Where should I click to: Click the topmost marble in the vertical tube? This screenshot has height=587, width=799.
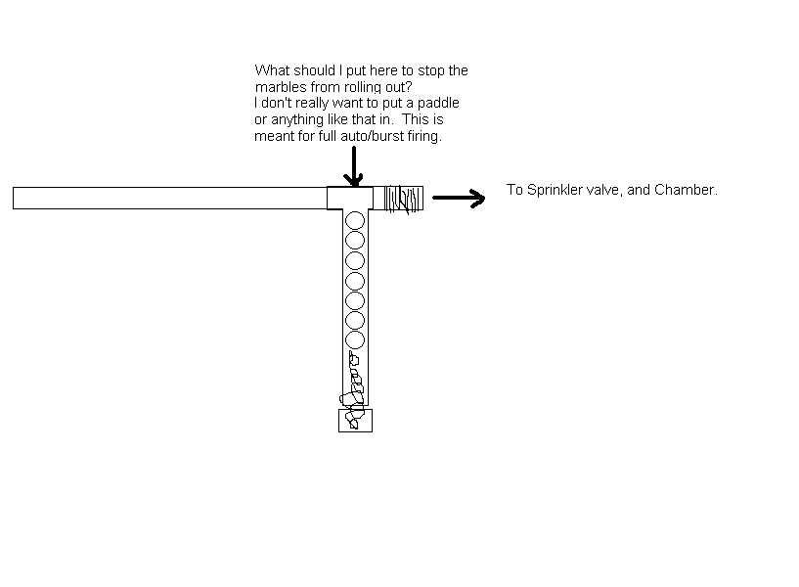tap(355, 220)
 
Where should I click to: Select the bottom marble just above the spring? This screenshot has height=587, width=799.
tap(355, 339)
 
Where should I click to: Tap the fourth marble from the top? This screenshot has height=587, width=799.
tap(355, 280)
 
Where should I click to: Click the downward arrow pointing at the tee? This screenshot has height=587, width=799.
tap(353, 166)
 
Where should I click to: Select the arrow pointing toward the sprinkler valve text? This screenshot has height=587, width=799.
tap(459, 199)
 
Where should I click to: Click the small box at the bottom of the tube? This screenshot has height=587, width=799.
tap(355, 421)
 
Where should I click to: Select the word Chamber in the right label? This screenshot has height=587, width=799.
tap(689, 190)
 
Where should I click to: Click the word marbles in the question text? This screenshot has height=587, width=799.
tap(278, 87)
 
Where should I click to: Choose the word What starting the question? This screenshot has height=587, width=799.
tap(272, 70)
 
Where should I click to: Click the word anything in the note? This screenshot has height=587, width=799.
tap(298, 120)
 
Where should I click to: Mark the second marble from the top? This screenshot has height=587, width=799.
tap(355, 240)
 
